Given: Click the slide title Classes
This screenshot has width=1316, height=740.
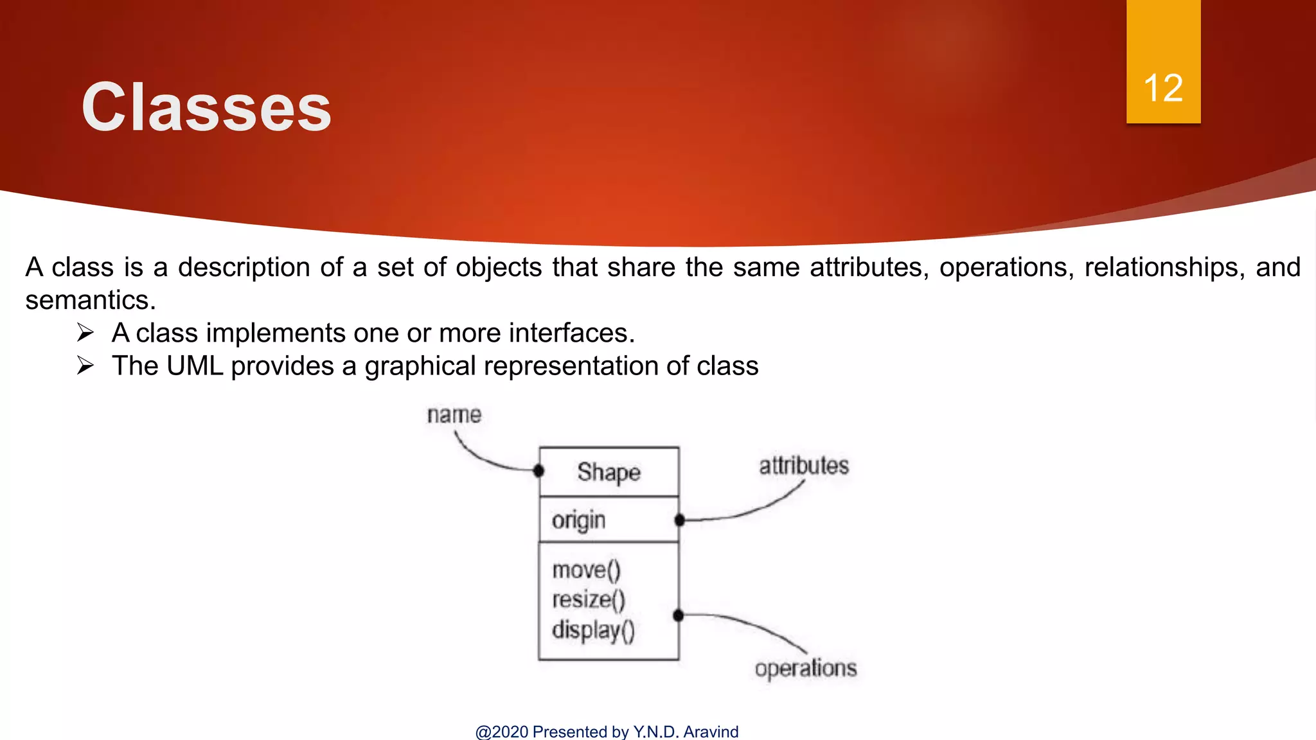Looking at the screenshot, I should [x=206, y=108].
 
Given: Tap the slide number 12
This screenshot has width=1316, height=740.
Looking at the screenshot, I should [x=1163, y=88].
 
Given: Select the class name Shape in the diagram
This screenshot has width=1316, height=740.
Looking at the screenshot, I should [x=609, y=472].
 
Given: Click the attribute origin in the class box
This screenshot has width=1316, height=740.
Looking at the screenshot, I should [x=578, y=520].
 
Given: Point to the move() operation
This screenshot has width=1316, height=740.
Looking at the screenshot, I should [x=586, y=570].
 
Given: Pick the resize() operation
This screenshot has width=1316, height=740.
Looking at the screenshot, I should [x=588, y=599].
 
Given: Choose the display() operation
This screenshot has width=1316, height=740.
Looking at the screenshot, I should [x=592, y=630].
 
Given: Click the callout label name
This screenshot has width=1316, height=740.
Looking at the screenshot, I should [x=454, y=415].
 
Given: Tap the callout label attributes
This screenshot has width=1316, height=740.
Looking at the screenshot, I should [x=803, y=466].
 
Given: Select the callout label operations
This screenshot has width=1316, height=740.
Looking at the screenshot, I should [x=805, y=669].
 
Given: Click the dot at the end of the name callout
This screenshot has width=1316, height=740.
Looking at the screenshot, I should [x=538, y=471].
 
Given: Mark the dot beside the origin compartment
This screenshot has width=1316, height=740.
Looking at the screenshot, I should [x=679, y=520].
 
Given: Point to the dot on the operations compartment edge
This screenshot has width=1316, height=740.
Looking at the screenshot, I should [x=678, y=615].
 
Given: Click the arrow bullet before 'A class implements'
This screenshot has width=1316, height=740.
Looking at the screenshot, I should [x=85, y=333].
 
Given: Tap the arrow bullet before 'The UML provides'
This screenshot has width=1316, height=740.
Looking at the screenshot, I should [x=85, y=366].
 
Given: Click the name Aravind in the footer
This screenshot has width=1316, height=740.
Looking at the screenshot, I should [x=711, y=732].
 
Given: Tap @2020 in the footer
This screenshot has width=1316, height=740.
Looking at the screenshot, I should [x=502, y=732].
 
